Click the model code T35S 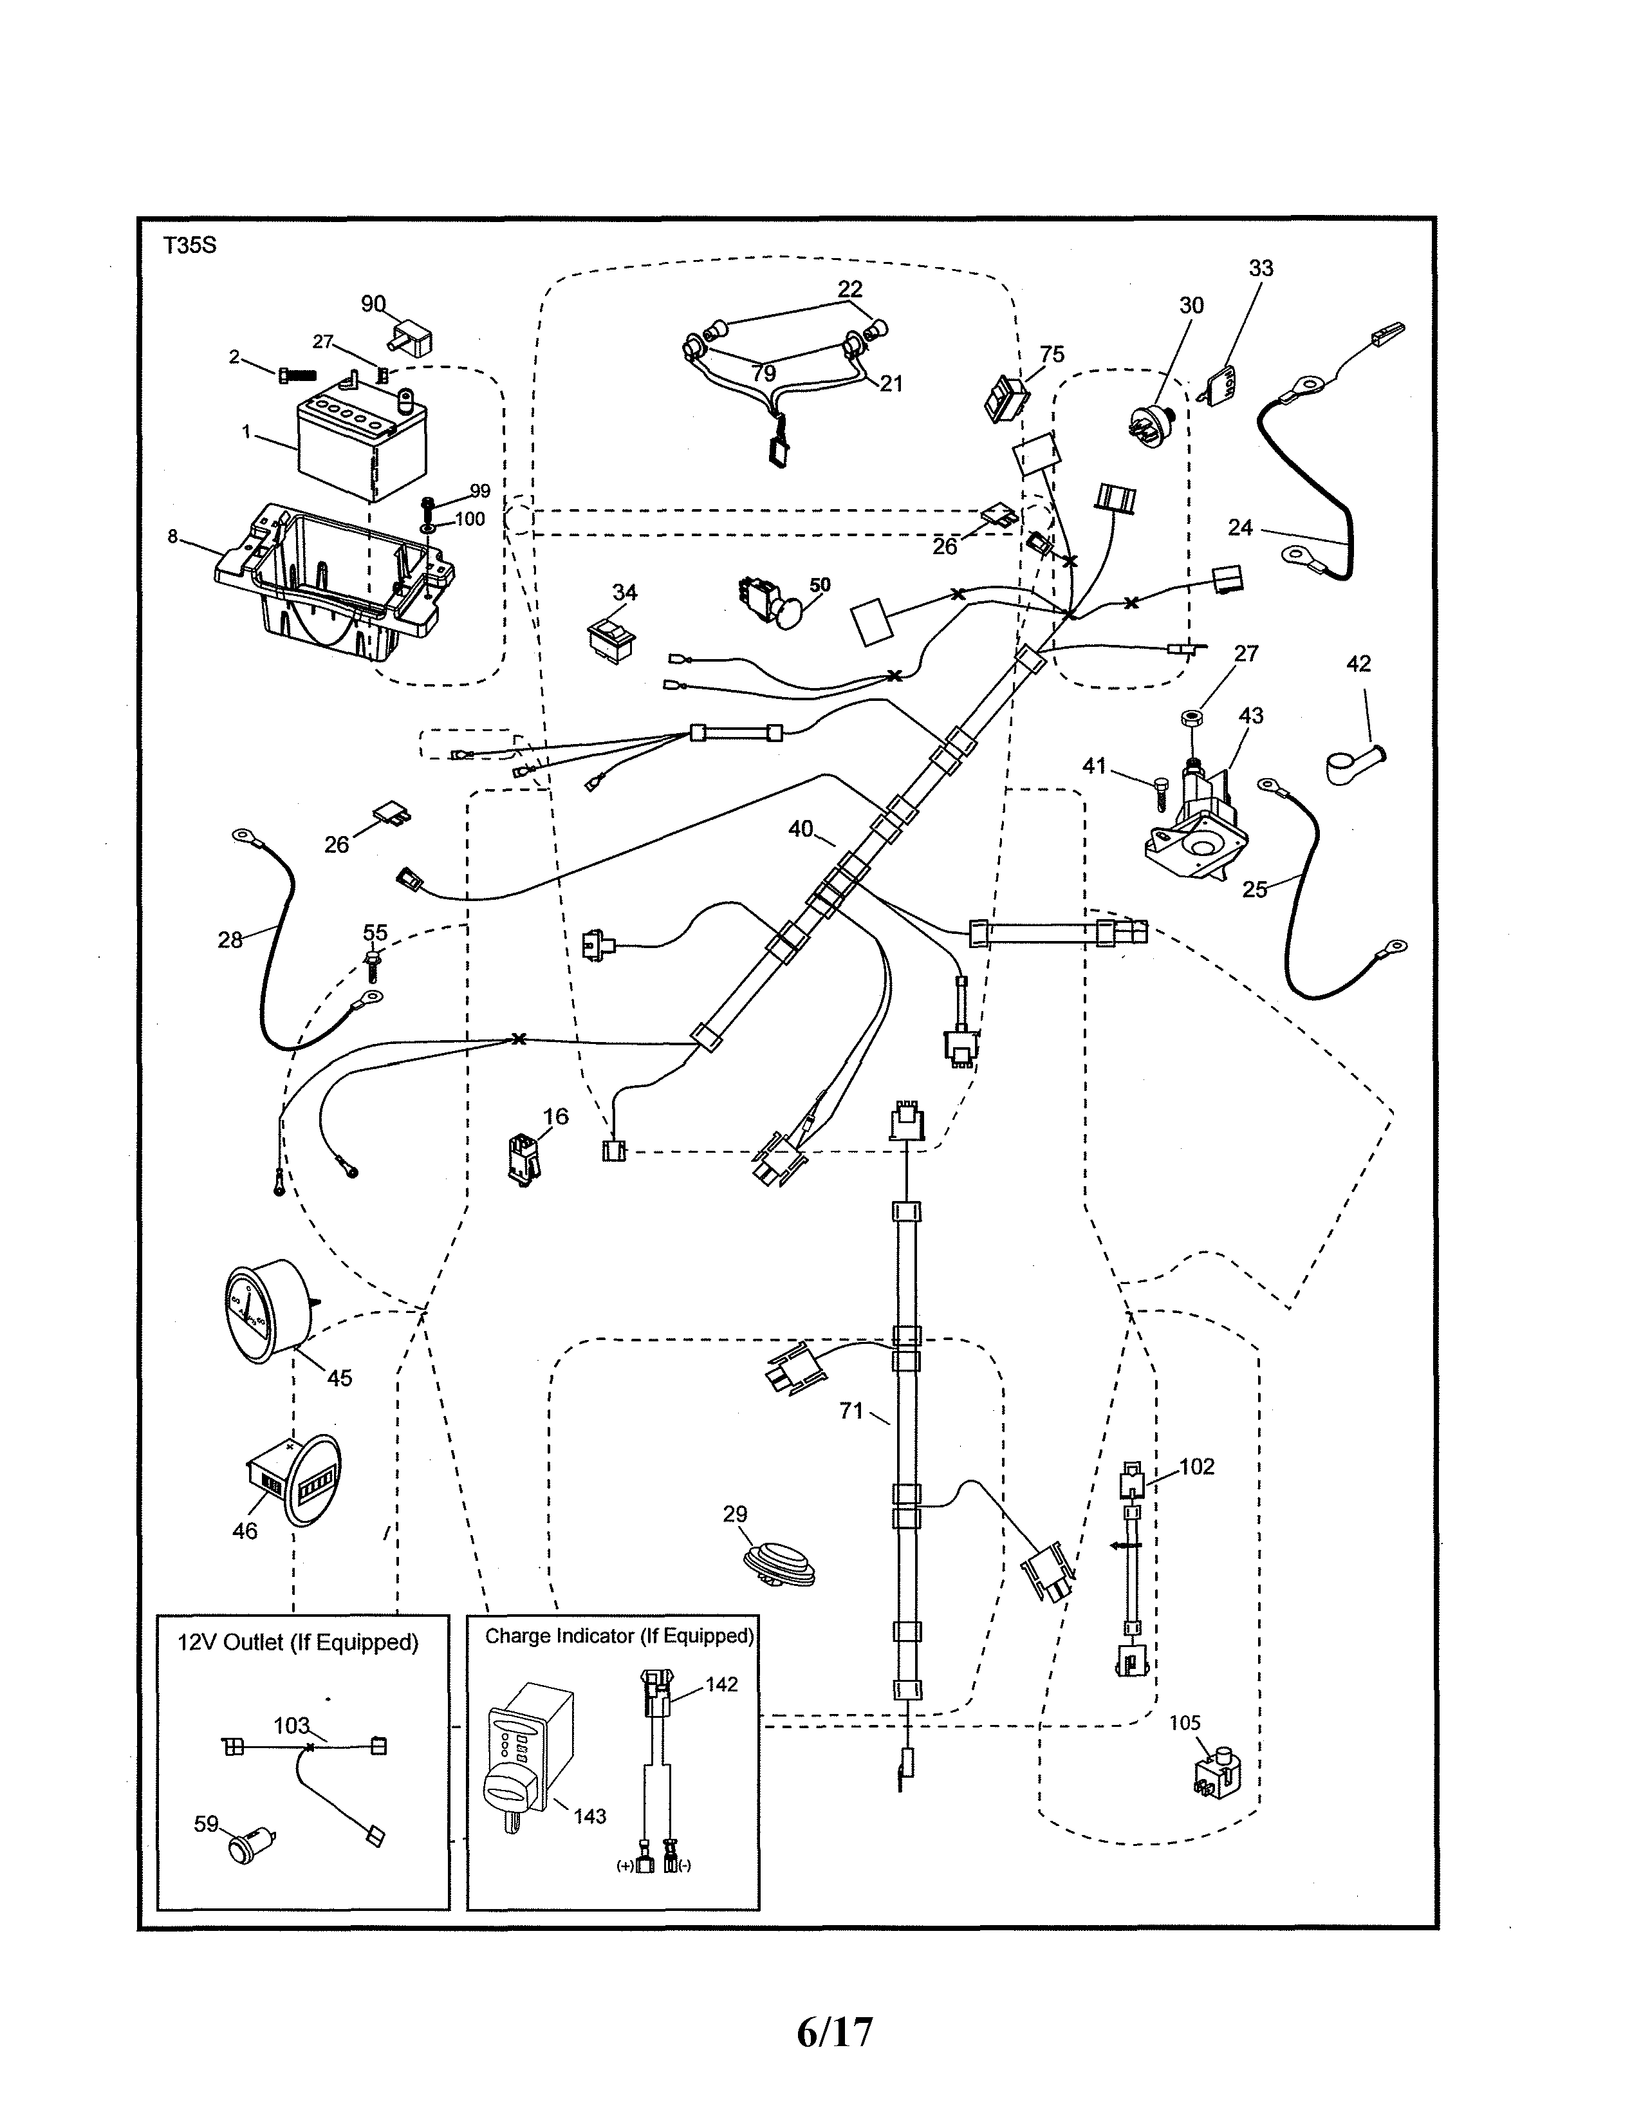tap(190, 245)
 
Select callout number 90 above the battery tap(373, 304)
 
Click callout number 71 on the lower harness tap(851, 1410)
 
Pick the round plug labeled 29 tap(778, 1562)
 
